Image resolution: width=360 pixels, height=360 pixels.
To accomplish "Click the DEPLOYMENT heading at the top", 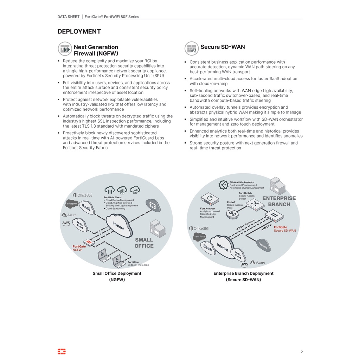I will click(x=79, y=32).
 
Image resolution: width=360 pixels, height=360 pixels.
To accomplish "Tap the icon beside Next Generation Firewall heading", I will click(x=65, y=49).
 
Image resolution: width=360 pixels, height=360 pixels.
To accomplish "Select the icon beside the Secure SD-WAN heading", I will click(x=192, y=48).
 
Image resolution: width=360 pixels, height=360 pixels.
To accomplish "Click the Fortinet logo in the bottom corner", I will click(x=62, y=352).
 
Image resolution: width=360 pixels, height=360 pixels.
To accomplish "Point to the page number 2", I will click(x=302, y=352).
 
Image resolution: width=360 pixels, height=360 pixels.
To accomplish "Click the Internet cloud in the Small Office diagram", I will click(x=119, y=225).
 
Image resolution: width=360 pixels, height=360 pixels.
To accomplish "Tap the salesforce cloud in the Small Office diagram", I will click(x=72, y=204).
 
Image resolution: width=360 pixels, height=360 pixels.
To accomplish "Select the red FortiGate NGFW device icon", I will click(x=89, y=242).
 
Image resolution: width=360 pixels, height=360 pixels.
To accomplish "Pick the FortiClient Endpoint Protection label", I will click(x=138, y=264).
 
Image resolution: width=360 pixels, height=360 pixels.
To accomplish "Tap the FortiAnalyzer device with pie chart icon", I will click(x=209, y=199).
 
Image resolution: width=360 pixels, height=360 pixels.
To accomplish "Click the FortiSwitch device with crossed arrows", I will click(x=255, y=204).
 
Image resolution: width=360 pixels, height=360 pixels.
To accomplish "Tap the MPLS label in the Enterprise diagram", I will click(x=266, y=228).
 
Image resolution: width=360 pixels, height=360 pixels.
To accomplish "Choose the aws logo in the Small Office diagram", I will click(x=66, y=223).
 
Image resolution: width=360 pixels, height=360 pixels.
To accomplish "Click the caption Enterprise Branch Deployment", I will click(x=243, y=274).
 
